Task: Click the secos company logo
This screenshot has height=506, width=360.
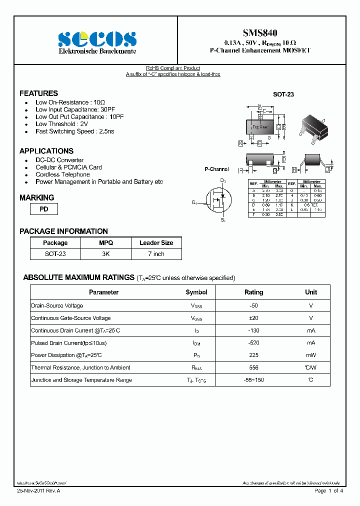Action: pos(97,39)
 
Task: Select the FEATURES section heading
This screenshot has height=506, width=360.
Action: pos(38,93)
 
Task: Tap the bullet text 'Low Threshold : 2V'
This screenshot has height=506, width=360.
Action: pos(61,124)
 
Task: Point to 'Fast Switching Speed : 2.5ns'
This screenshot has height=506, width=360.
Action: pos(74,131)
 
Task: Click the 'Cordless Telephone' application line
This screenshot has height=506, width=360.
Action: pos(62,174)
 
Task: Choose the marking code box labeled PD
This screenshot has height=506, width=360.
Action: pos(44,209)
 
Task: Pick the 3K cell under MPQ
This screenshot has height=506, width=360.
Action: pos(106,254)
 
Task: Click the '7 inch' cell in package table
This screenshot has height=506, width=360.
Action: pos(156,254)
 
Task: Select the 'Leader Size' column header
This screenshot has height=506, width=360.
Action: pos(156,243)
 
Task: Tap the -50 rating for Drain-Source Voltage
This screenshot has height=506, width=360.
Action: pos(253,305)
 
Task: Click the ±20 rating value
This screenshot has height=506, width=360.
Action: pos(253,318)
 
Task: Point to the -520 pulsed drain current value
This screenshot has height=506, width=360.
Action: pos(253,343)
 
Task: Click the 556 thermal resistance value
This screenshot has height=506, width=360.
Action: pos(253,367)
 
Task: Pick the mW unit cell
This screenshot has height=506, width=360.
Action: pos(311,355)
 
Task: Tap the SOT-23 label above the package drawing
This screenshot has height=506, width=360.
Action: pos(283,94)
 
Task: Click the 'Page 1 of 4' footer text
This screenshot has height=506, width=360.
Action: pos(328,491)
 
